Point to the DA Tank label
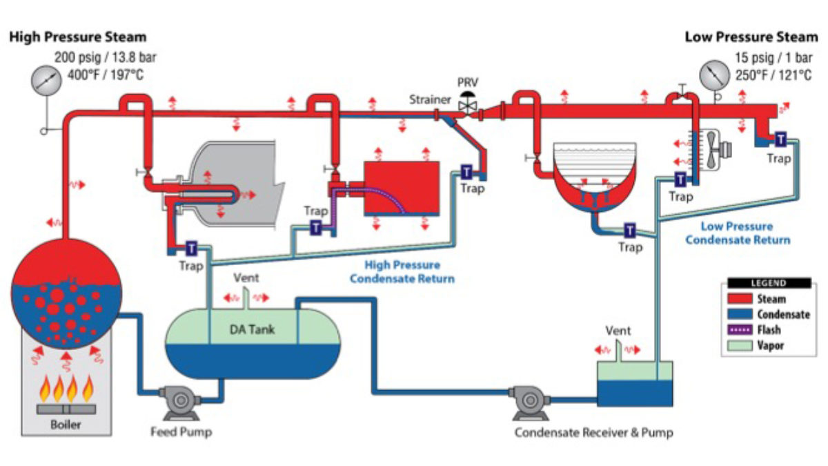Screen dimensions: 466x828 (x=252, y=329)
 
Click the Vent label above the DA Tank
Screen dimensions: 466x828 (x=246, y=278)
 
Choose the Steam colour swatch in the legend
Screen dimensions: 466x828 (x=743, y=299)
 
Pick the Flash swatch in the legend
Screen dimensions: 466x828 (x=743, y=329)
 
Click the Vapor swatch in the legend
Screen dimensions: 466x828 (x=743, y=344)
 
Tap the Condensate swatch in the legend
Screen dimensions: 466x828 (x=743, y=314)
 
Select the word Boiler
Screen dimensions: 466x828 (x=66, y=425)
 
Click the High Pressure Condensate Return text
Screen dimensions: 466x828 (x=402, y=272)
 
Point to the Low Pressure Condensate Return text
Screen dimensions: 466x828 (x=738, y=233)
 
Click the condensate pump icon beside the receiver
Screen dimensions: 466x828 (x=530, y=400)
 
